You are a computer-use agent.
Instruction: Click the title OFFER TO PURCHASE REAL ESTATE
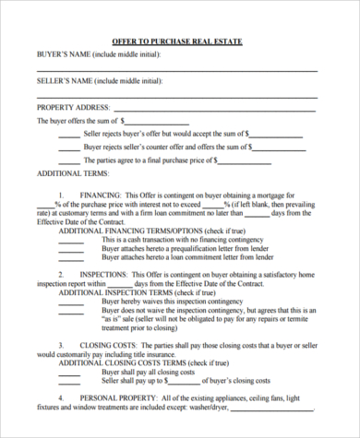(x=179, y=42)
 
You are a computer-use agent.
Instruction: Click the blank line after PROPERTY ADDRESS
(x=221, y=111)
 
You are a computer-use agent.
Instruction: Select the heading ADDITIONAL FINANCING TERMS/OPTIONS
(x=133, y=230)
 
